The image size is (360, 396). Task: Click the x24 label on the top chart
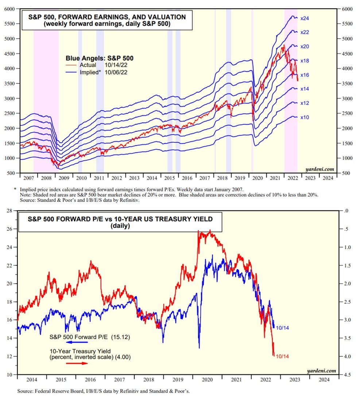[x=305, y=18]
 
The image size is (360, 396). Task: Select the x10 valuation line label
[x=305, y=117]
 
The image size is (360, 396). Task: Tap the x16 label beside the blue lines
[x=305, y=75]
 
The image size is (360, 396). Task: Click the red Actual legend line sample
[x=72, y=65]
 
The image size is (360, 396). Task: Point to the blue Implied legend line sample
[x=72, y=73]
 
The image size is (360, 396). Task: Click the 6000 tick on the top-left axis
[x=10, y=9]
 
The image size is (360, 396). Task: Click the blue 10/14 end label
[x=282, y=328]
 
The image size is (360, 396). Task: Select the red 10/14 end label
[x=282, y=356]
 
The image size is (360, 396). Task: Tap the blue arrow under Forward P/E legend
[x=77, y=342]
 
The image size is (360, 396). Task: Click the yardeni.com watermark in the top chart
[x=320, y=169]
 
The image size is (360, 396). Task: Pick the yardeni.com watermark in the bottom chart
[x=321, y=370]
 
